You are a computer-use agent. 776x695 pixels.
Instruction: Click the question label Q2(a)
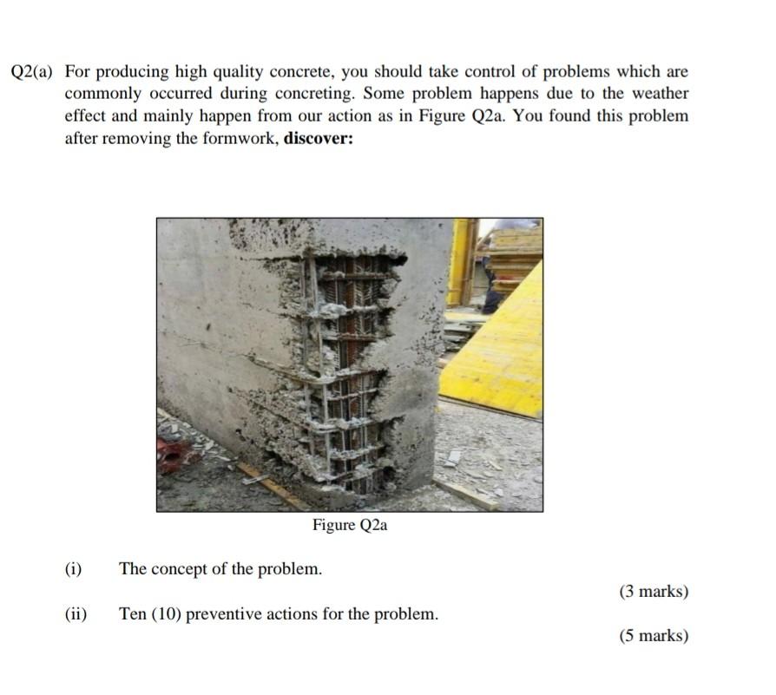coord(32,72)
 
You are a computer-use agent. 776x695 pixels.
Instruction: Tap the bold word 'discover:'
coord(319,138)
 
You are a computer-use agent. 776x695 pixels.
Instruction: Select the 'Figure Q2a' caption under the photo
coord(350,525)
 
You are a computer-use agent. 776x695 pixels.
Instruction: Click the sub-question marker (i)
coord(74,569)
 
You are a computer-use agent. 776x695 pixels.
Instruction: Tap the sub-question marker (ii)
coord(76,614)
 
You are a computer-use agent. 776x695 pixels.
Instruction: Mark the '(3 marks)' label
coord(654,592)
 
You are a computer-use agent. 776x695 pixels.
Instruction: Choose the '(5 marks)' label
coord(654,636)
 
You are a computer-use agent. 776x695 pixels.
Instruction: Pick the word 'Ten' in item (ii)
coord(133,614)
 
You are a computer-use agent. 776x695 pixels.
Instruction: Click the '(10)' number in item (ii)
coord(167,614)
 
